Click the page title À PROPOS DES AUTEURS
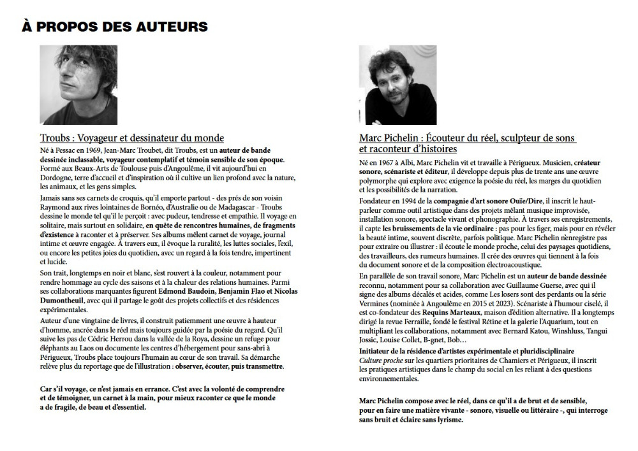coord(115,26)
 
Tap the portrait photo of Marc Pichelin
coord(397,85)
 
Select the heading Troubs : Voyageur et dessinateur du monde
coord(132,138)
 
